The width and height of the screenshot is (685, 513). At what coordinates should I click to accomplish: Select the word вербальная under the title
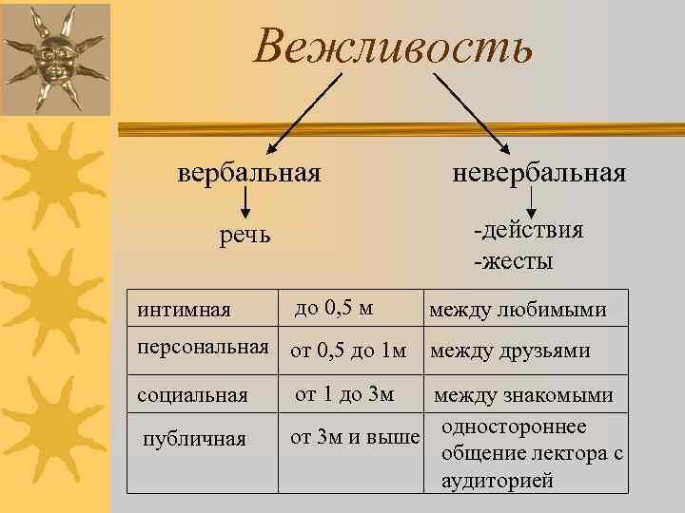tap(248, 174)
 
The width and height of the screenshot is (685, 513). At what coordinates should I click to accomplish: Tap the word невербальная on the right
tap(539, 174)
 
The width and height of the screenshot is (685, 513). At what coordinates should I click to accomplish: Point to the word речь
tap(245, 235)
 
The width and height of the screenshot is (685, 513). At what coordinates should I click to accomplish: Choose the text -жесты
tap(513, 259)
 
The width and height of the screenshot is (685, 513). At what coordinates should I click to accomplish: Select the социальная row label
tap(192, 394)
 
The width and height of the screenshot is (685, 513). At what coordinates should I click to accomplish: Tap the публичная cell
tap(193, 439)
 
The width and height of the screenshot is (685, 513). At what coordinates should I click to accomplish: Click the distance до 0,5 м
tap(334, 309)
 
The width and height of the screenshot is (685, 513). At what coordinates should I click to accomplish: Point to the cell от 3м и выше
tap(354, 438)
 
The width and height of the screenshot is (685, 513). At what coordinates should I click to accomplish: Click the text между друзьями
tap(510, 351)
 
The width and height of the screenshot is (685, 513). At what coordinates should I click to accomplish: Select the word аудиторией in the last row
tap(498, 481)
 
